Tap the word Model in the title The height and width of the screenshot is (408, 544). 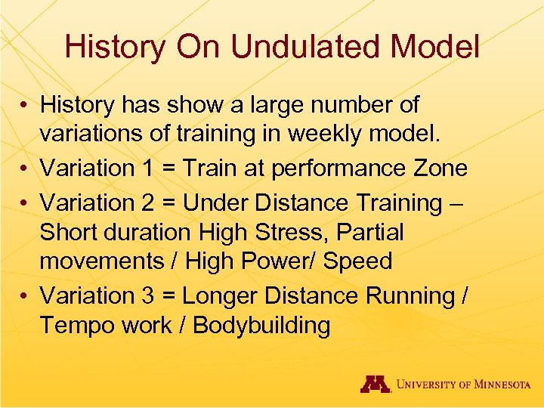tap(437, 47)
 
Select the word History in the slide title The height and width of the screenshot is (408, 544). tap(114, 47)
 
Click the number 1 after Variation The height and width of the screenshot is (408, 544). tap(152, 168)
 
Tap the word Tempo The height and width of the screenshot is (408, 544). tap(78, 326)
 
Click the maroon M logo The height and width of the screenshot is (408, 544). tap(374, 384)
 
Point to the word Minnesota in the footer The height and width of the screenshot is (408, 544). tap(499, 385)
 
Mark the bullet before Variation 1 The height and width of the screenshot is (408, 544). tap(26, 168)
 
